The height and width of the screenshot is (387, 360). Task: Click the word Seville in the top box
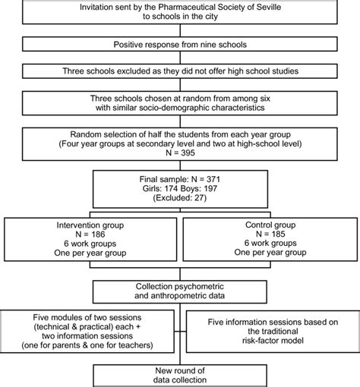click(x=269, y=7)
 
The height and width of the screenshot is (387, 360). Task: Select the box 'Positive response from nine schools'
click(x=180, y=44)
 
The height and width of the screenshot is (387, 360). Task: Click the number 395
click(x=188, y=153)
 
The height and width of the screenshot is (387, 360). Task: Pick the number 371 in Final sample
click(x=213, y=179)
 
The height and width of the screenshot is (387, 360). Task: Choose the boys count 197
click(x=210, y=189)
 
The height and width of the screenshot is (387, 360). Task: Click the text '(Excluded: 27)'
click(x=180, y=198)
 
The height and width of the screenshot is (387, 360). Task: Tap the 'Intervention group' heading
click(x=90, y=225)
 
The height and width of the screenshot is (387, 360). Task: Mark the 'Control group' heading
click(x=270, y=225)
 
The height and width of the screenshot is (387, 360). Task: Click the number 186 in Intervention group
click(x=98, y=234)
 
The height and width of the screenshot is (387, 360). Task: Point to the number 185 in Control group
click(x=278, y=234)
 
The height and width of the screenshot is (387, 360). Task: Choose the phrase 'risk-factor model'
click(x=273, y=341)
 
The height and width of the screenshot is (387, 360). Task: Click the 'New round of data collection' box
click(x=180, y=376)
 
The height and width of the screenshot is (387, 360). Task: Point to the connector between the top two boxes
click(x=180, y=30)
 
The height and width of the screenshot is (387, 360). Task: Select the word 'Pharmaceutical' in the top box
click(x=187, y=7)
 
